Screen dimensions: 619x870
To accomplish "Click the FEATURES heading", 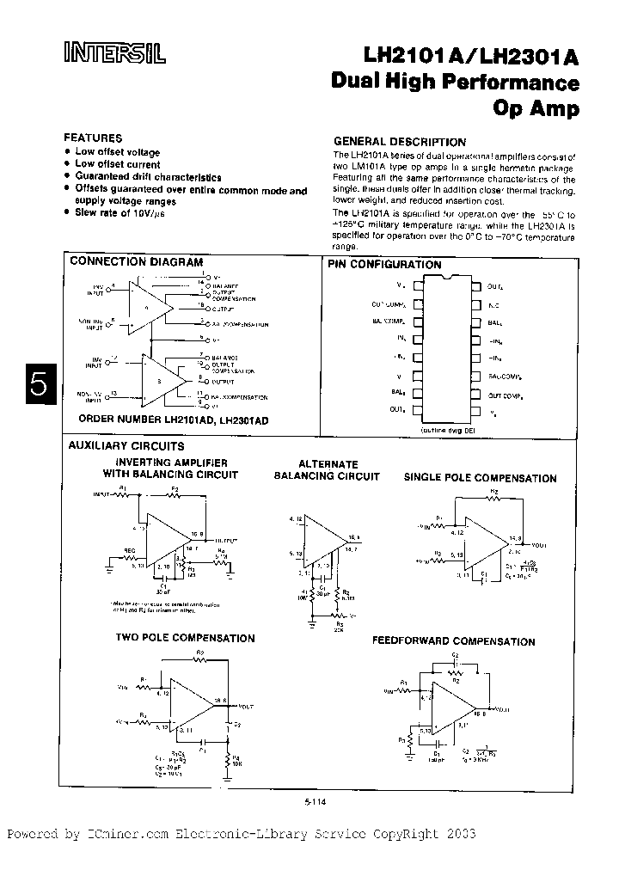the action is pos(94,138).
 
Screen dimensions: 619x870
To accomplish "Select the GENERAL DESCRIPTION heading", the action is pos(399,142).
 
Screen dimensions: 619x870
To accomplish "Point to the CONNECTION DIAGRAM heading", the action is pos(136,261).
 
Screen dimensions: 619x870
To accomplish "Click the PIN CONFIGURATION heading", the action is pos(384,265).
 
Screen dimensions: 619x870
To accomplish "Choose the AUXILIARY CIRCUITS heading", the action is pos(126,446).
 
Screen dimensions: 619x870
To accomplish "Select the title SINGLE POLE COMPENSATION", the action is pos(480,478).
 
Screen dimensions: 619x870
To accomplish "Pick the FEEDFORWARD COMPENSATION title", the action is pos(453,641).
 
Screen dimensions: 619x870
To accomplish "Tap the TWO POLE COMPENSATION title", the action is pos(185,638).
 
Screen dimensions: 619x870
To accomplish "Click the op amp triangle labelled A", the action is pos(151,306).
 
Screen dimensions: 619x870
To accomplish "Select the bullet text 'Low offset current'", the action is pos(117,164).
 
